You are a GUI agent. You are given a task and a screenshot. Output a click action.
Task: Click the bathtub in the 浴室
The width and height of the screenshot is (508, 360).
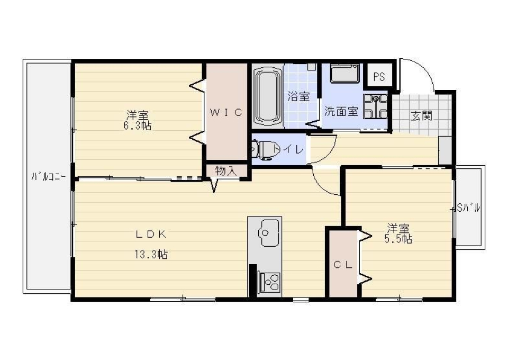pos(268,96)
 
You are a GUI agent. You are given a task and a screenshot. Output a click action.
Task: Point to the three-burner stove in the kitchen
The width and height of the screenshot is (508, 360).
pos(269,282)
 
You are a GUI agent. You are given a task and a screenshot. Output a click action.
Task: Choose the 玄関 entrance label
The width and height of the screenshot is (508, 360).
pos(422,115)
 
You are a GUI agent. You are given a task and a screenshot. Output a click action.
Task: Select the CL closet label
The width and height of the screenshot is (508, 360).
pos(343,265)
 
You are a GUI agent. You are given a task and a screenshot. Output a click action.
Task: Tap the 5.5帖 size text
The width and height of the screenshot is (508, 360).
pos(398,239)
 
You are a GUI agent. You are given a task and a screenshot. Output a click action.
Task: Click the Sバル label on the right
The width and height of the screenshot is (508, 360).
pos(468,209)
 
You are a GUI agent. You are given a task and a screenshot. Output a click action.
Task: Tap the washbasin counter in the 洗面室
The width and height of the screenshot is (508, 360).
pos(344,73)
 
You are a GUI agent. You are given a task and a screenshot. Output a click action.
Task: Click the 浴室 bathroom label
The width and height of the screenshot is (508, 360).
pos(298,97)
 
